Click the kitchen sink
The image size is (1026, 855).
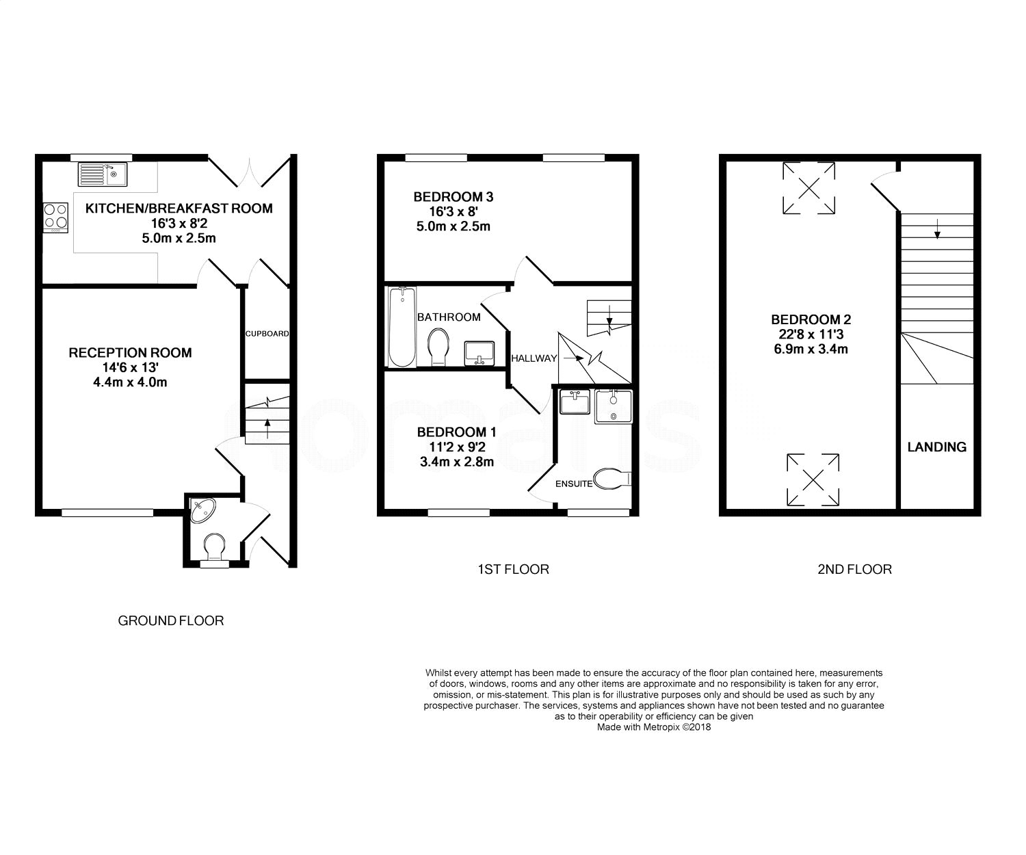[102, 174]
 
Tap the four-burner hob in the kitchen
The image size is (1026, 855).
[55, 218]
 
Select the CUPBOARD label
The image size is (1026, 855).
[267, 334]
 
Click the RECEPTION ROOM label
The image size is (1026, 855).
[130, 353]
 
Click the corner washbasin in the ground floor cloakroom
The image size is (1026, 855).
[202, 510]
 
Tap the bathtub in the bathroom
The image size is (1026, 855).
[402, 327]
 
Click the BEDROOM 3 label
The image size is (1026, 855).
[453, 197]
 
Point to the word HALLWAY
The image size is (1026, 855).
[534, 358]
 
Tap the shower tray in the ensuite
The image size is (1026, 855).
[614, 407]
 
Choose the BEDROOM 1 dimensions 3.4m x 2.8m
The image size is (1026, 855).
[457, 462]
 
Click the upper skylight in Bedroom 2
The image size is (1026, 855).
[808, 189]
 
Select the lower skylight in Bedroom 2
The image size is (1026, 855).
[813, 479]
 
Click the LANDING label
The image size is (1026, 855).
[936, 447]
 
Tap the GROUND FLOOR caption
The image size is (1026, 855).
[171, 621]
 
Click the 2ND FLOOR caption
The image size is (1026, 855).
[854, 570]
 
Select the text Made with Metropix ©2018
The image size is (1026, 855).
[654, 727]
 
